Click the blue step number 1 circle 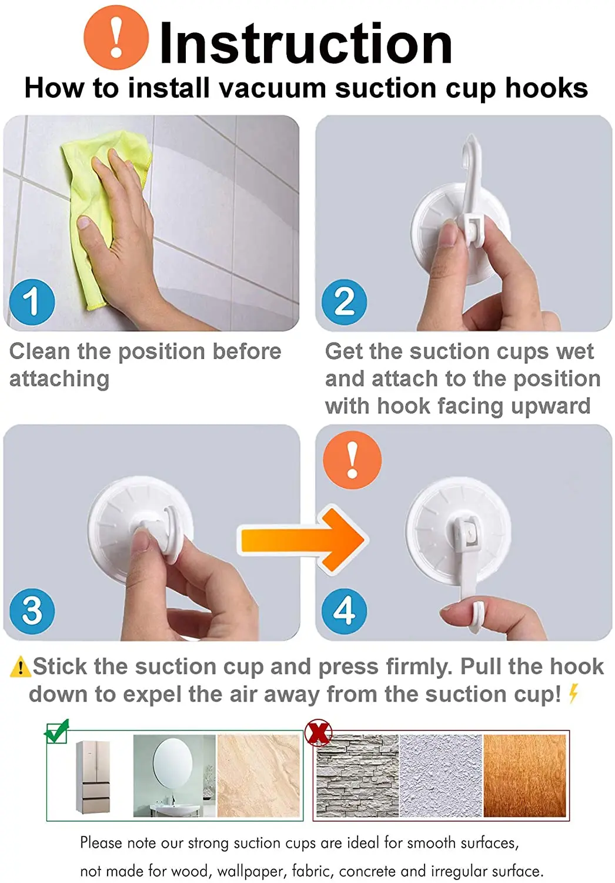(x=32, y=302)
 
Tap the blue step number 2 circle (x=344, y=302)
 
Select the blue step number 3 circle (x=32, y=612)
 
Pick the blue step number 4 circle (x=344, y=612)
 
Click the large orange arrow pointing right (x=303, y=540)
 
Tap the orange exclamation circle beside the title (x=116, y=38)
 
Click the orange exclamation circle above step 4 (x=352, y=460)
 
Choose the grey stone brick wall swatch (x=357, y=776)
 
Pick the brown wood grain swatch (x=524, y=776)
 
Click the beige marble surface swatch (x=259, y=776)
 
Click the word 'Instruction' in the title (x=306, y=44)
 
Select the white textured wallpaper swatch (x=441, y=776)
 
